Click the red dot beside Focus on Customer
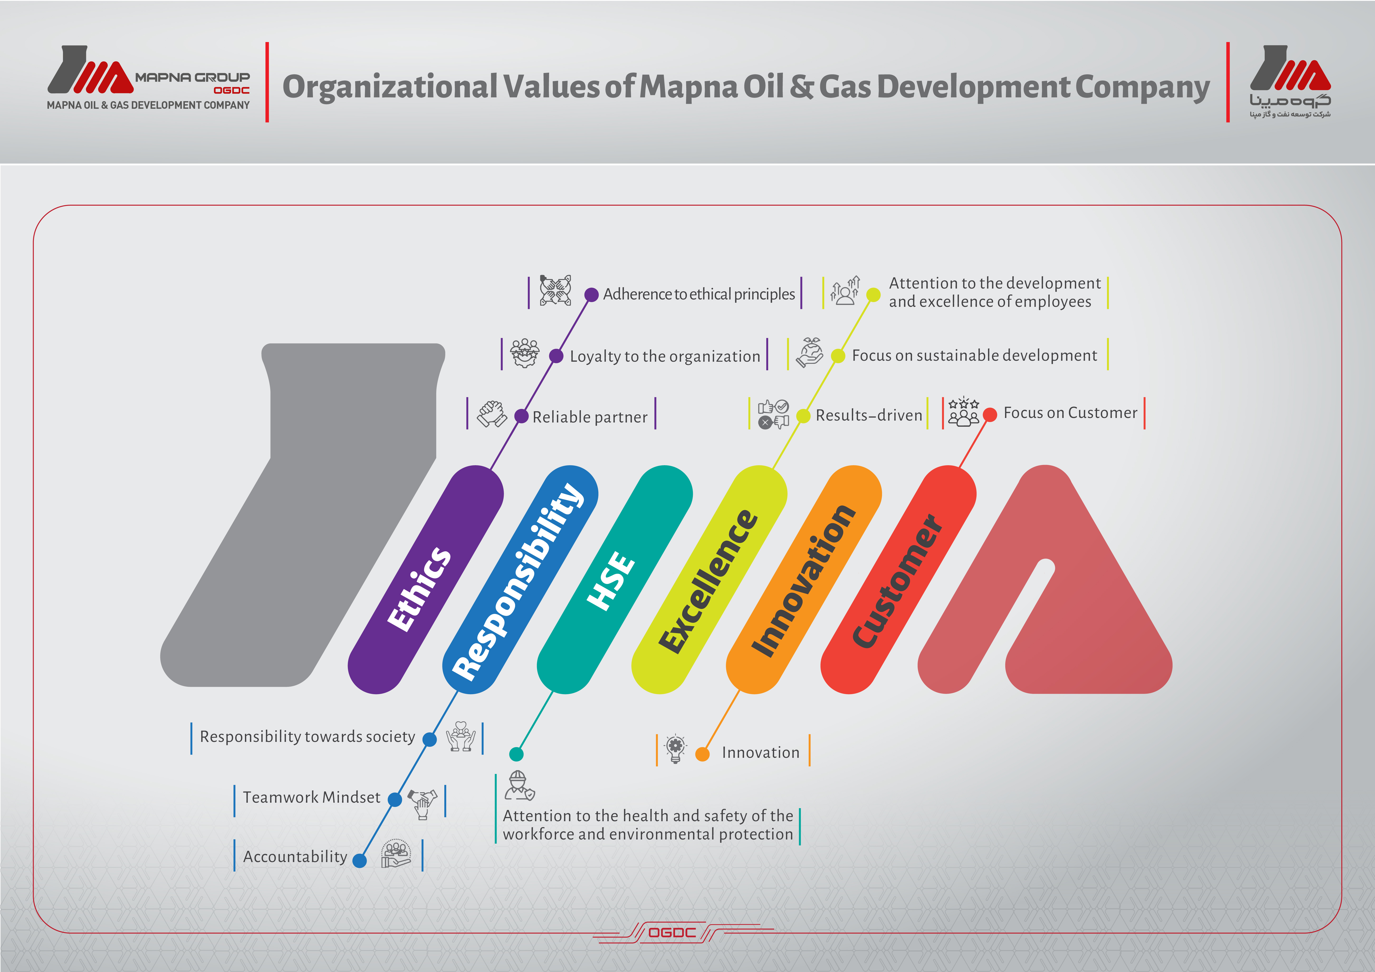point(990,414)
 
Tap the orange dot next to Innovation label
point(703,754)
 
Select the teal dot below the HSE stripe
point(516,754)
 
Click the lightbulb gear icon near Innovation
point(676,748)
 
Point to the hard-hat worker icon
point(519,786)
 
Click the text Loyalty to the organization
point(665,357)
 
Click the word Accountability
point(295,857)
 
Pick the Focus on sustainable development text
point(974,356)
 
